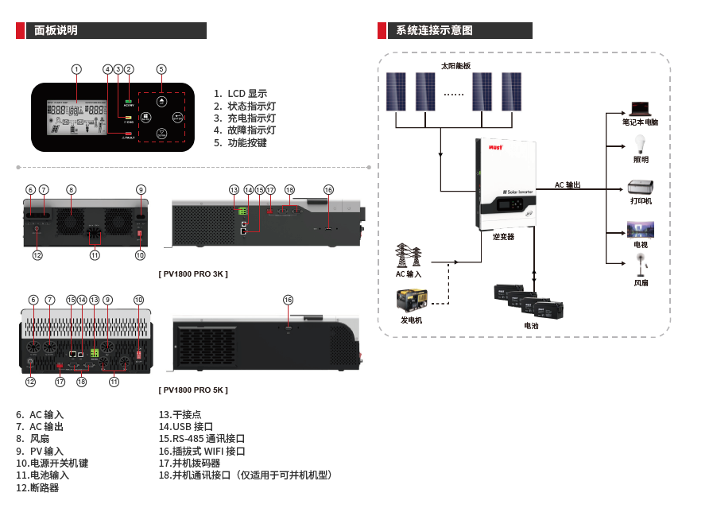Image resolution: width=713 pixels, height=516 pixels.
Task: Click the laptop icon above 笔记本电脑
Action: click(x=641, y=109)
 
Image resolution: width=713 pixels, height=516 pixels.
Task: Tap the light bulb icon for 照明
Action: click(x=641, y=145)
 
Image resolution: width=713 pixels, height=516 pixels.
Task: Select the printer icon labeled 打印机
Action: click(x=641, y=188)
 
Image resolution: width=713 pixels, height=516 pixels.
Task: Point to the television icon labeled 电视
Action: click(x=641, y=230)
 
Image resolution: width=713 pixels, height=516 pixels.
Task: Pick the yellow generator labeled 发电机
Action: click(x=413, y=301)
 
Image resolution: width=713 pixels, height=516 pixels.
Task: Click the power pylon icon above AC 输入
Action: click(x=408, y=256)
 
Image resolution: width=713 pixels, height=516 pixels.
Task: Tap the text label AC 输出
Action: click(x=568, y=185)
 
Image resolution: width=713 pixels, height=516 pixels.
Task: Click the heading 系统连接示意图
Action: click(x=435, y=30)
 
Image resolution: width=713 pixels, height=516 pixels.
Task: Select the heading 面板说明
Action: click(x=56, y=30)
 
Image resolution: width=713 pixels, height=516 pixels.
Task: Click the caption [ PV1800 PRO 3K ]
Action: click(x=193, y=274)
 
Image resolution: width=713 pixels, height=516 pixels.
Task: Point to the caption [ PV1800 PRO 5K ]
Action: click(x=193, y=390)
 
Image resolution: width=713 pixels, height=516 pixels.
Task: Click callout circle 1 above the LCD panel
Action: click(x=76, y=69)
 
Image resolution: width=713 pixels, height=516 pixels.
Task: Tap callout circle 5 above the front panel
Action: click(x=161, y=69)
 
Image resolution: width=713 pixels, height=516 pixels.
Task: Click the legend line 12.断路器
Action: click(x=37, y=487)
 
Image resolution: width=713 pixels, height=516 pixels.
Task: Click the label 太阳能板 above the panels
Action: click(x=455, y=66)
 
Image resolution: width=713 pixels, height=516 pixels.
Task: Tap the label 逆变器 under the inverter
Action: click(x=503, y=237)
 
